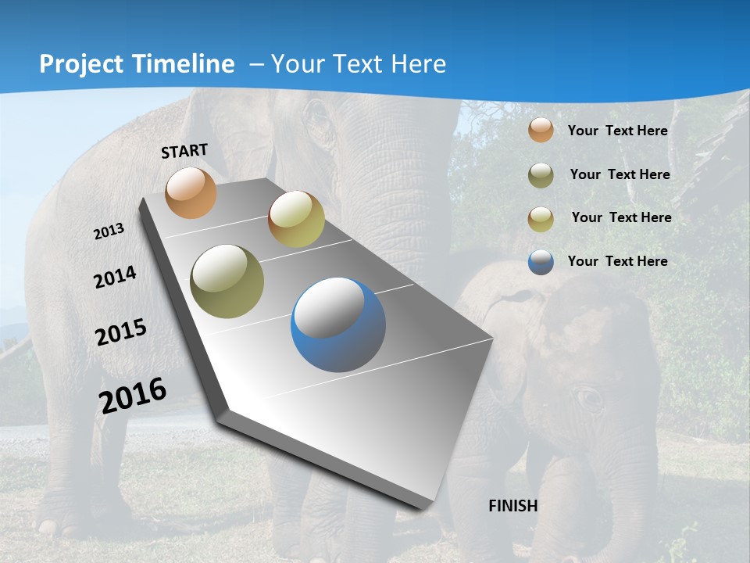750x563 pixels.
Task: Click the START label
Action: point(184,150)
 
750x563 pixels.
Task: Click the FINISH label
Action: point(512,506)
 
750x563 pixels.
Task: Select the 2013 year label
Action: point(109,231)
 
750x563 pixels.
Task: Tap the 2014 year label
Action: point(115,277)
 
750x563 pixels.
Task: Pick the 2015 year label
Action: point(121,332)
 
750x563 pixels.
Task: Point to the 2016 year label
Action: point(133,395)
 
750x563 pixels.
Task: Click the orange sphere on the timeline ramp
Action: point(191,192)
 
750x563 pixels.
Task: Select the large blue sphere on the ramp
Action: point(338,325)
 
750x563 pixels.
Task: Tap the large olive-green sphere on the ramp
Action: point(227,281)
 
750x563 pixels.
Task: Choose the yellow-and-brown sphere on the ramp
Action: point(296,219)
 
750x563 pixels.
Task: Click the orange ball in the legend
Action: point(541,131)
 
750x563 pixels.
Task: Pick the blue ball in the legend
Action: point(541,262)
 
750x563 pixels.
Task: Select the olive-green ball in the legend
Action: point(541,175)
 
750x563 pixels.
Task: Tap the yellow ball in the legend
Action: point(541,219)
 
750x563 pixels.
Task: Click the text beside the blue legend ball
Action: point(617,261)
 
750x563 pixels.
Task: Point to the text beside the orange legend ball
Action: point(617,131)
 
